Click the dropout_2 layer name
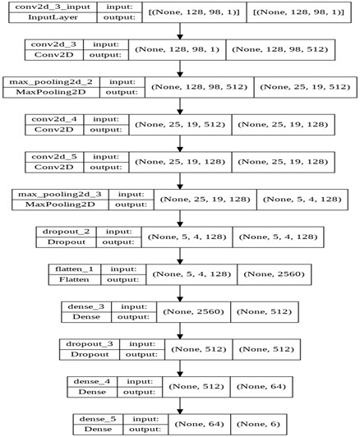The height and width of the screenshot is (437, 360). click(x=69, y=232)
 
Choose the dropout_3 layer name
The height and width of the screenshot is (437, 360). click(x=90, y=343)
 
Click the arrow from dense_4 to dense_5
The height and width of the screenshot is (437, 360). click(x=180, y=404)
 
